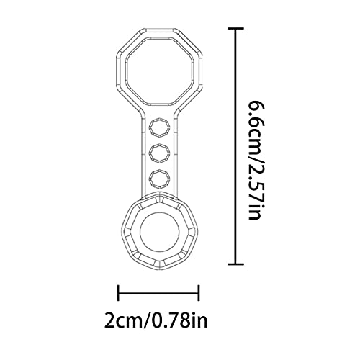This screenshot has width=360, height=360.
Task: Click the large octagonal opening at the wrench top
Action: click(x=160, y=71)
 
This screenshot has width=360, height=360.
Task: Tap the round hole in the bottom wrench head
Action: click(x=160, y=232)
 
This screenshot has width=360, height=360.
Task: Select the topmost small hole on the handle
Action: click(x=160, y=127)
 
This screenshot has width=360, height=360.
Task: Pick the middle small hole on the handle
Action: click(x=160, y=153)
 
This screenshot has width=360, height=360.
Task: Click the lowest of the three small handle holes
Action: click(x=160, y=179)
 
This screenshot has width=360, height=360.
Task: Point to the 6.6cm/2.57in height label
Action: click(x=254, y=161)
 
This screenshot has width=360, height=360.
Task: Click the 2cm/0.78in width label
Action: click(x=156, y=320)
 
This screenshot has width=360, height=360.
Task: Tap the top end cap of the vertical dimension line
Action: click(x=235, y=29)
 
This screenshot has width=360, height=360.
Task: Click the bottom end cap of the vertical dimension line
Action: click(x=235, y=264)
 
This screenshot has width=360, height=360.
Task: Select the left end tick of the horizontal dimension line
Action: click(x=118, y=293)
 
